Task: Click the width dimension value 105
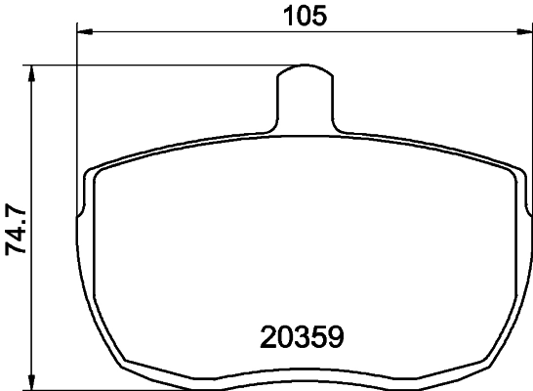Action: pos(303,15)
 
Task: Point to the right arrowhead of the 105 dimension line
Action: pos(522,33)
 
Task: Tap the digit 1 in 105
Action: pos(287,15)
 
